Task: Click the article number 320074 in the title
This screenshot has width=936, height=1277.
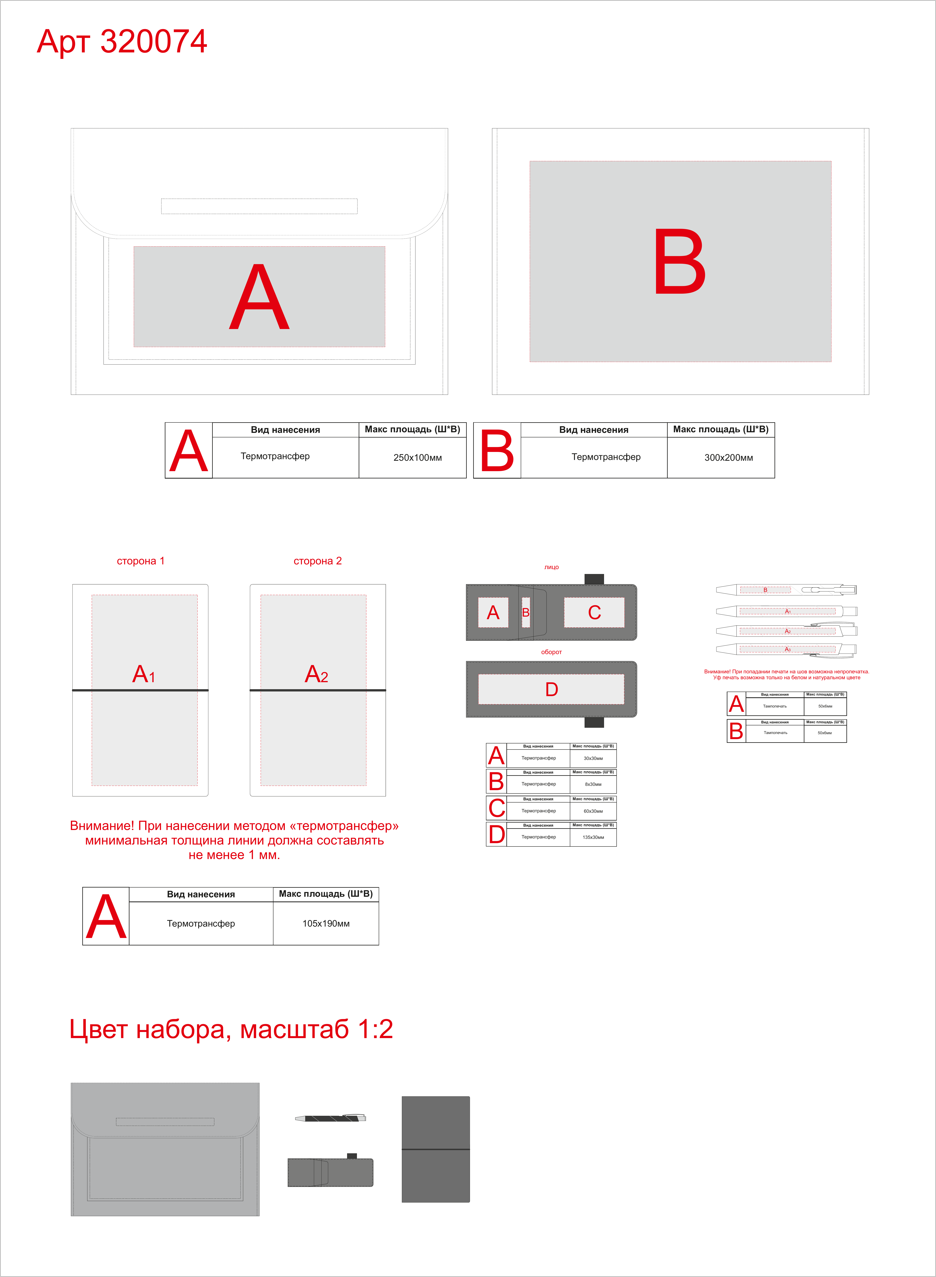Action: pos(154,41)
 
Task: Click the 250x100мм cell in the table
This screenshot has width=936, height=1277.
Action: pos(418,458)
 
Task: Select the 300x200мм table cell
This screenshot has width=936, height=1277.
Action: pos(729,458)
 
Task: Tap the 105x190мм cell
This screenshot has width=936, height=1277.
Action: pos(326,923)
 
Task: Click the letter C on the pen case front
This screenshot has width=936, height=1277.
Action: pos(594,612)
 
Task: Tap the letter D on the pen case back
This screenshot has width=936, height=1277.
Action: pos(551,689)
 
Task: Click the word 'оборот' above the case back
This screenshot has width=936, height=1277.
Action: pos(551,652)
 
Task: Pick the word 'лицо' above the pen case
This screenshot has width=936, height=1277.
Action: pos(551,567)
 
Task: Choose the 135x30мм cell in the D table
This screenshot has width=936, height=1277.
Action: pos(593,837)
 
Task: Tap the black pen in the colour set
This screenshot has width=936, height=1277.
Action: pos(330,1118)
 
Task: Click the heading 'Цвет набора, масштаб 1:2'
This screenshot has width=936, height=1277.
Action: pos(231,1029)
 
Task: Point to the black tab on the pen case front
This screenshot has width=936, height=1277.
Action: pos(594,579)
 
